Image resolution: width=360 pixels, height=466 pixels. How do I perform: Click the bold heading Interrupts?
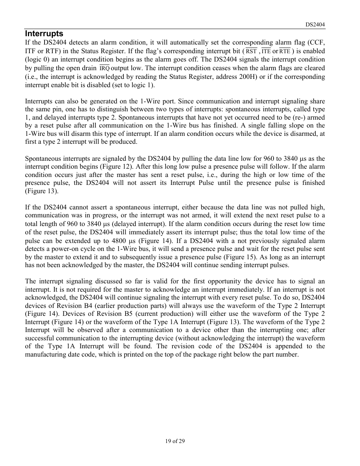click(44, 34)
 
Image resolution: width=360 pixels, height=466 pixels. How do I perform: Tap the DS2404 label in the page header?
click(315, 25)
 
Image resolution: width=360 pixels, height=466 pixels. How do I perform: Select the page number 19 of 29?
click(175, 441)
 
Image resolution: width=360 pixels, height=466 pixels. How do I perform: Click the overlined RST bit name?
click(251, 51)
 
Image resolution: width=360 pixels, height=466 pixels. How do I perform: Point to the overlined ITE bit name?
click(266, 51)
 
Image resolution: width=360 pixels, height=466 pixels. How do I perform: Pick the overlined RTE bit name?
click(285, 51)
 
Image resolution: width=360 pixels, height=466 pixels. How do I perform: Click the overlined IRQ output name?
click(105, 68)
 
